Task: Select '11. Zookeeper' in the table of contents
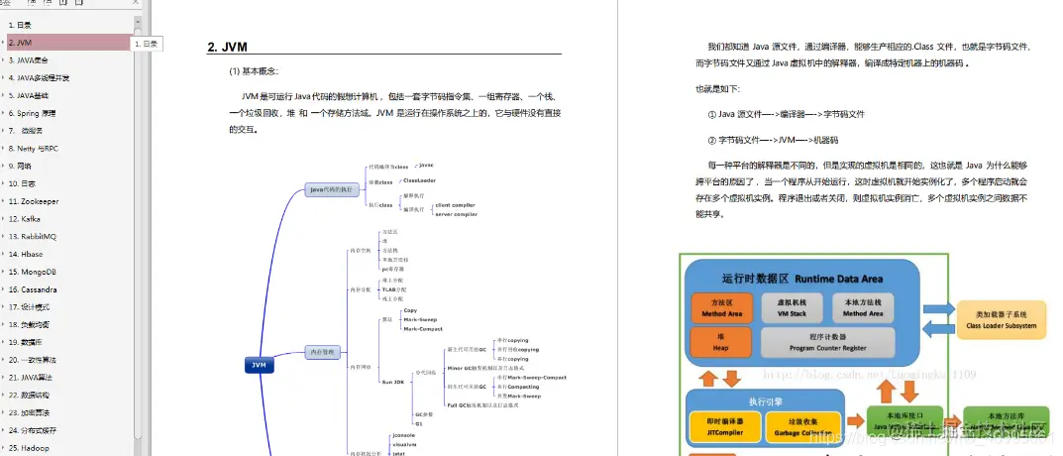34,200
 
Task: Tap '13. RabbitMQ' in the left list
33,236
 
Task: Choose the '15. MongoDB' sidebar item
32,271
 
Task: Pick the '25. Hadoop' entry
29,447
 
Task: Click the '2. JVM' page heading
227,48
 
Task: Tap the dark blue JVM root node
259,365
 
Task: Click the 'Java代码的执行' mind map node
331,189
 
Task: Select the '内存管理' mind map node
323,351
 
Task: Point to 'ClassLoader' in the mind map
419,180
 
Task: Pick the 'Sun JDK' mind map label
393,382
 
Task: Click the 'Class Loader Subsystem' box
1001,318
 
